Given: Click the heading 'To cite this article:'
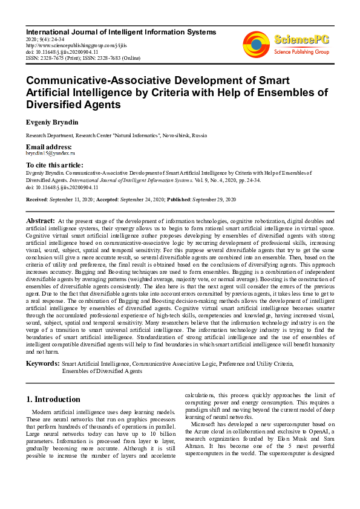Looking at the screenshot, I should click(55, 165).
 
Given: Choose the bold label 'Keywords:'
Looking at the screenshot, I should click(43, 363).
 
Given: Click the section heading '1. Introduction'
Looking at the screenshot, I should click(54, 399).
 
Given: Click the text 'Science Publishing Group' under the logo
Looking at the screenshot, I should click(300, 53).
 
